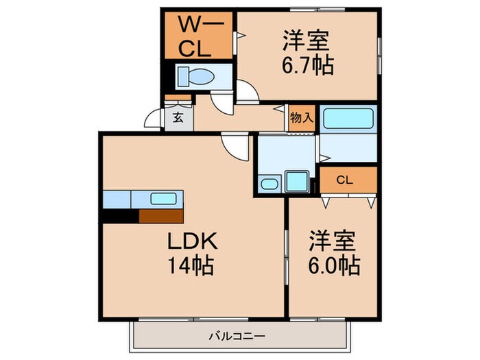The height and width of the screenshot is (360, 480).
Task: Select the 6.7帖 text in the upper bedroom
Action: click(307, 66)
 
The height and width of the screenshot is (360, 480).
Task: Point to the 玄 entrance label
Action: click(177, 117)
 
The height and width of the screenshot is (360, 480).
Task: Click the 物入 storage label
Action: click(301, 117)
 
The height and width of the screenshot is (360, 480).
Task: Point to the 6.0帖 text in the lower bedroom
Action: click(334, 265)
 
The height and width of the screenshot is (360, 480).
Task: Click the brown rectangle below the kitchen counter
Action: click(161, 216)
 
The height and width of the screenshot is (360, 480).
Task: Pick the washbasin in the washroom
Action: click(269, 184)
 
